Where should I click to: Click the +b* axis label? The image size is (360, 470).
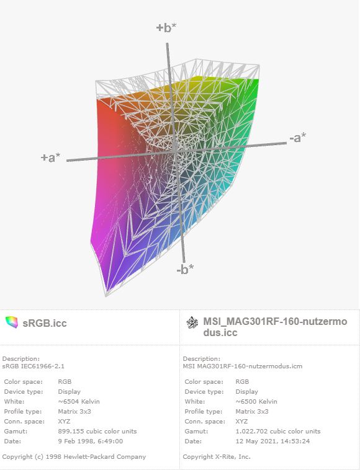166,27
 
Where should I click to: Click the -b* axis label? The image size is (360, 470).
185,269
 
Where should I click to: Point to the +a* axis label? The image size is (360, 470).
50,157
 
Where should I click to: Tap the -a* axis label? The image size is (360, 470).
297,138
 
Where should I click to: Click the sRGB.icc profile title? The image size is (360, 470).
45,323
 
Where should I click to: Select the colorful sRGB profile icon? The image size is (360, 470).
11,322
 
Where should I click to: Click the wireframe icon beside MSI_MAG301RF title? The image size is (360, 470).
192,322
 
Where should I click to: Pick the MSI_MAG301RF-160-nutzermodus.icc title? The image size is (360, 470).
275,327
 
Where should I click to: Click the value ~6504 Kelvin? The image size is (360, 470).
79,401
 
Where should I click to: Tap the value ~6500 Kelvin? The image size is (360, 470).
256,401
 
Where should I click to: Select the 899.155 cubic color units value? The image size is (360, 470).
97,431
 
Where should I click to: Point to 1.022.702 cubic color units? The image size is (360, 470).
278,431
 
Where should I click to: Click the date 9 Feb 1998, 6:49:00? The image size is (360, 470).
90,441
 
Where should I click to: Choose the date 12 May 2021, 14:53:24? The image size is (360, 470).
272,441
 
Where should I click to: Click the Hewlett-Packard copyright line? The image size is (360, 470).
74,457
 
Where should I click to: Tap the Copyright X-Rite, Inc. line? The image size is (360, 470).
217,457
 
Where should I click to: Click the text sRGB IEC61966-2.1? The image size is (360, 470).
34,366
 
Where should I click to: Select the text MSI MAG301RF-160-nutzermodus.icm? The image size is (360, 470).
243,366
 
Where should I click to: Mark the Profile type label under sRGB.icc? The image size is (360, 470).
23,411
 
